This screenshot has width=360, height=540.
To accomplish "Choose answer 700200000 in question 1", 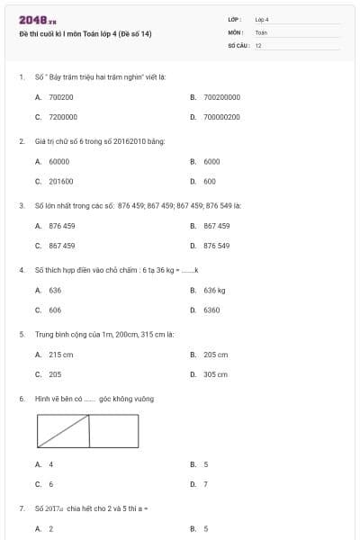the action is (221, 96).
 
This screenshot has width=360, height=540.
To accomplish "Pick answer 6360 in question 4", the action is (211, 310).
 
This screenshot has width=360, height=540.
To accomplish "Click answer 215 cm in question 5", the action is (61, 355).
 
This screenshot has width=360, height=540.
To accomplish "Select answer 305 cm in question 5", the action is (215, 374).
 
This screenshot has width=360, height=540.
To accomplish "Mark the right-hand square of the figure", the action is (114, 431).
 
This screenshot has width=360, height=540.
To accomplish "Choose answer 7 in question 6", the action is (205, 484).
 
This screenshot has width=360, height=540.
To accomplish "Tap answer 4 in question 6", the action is (50, 464).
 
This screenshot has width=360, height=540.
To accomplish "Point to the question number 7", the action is (21, 508).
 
